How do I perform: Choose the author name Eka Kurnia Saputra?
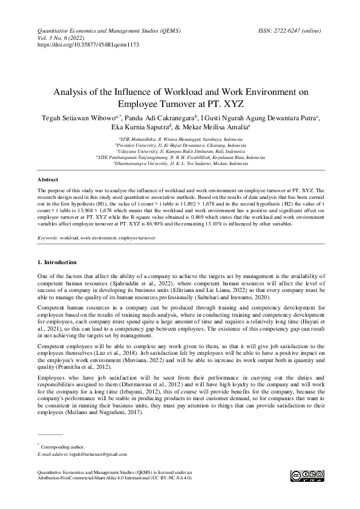140,128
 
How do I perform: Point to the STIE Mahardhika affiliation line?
180,140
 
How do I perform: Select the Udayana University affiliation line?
180,151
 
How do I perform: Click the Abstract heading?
48,180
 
